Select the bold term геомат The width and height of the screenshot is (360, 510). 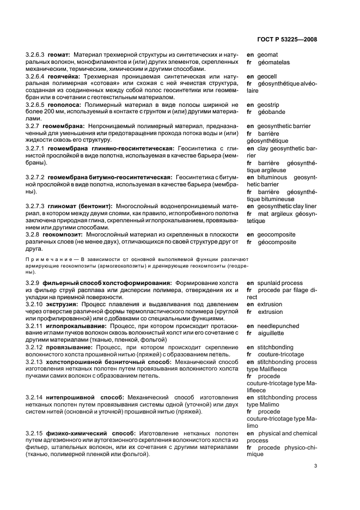59,55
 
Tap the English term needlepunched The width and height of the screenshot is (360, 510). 279,326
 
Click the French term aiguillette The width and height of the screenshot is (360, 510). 273,333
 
